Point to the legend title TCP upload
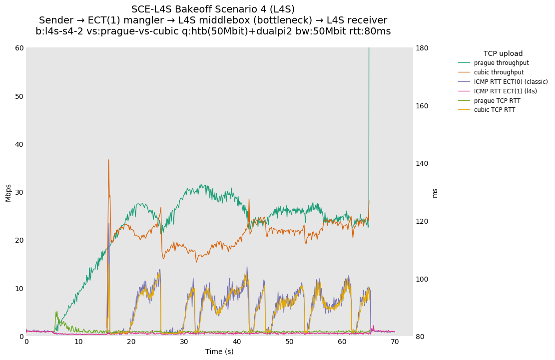tap(503, 53)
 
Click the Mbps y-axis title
tap(8, 192)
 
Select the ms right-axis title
tap(435, 192)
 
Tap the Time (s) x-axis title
tap(219, 352)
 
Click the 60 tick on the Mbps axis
tap(19, 48)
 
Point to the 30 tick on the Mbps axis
tap(19, 192)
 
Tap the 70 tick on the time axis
tap(395, 342)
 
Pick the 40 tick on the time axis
tap(237, 342)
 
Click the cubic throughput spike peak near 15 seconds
tap(108, 160)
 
